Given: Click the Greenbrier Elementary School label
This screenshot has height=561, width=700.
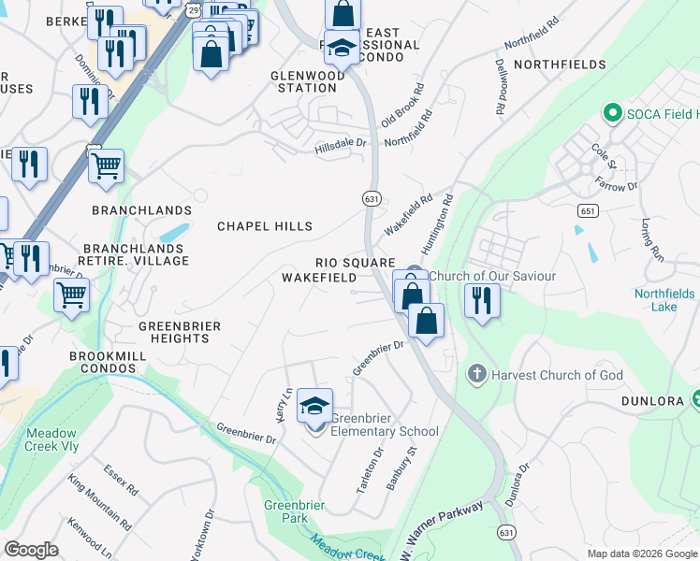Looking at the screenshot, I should pos(384,424).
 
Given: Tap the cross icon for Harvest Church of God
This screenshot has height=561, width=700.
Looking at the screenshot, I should pos(476,375).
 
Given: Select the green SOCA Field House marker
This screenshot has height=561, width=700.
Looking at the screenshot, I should pos(613,114).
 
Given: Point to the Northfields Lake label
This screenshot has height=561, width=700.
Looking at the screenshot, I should pos(664,300).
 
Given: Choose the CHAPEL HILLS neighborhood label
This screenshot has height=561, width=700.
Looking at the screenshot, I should pos(265,226).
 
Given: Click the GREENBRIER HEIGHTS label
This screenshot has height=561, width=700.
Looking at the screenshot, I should pos(180,332).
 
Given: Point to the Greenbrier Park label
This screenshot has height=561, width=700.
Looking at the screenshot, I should pos(294,511).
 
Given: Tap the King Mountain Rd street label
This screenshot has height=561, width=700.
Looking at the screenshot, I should pos(98,499).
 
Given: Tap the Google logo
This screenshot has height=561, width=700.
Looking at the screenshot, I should pos(31,550).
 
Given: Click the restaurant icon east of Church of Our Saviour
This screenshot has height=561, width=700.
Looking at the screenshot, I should pos(482,301).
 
